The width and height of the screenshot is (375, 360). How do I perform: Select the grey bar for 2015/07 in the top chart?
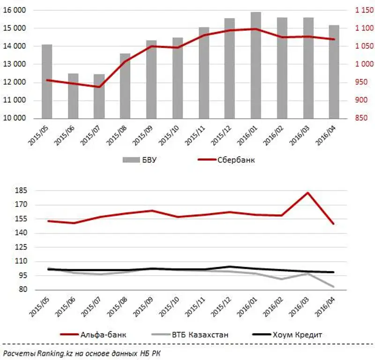[x=99, y=96]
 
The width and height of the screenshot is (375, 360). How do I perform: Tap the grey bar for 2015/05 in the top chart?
[x=47, y=81]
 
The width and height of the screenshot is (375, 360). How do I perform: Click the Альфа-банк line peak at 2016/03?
[x=307, y=192]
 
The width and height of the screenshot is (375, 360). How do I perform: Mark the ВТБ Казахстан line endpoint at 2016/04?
[x=333, y=287]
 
